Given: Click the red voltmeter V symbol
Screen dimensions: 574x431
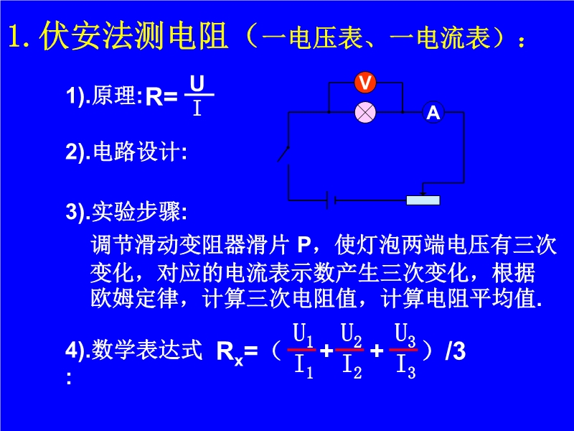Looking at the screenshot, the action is pyautogui.click(x=365, y=83).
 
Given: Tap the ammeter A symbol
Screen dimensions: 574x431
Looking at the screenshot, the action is pyautogui.click(x=433, y=112).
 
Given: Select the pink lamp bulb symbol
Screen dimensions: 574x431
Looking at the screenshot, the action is pyautogui.click(x=365, y=112).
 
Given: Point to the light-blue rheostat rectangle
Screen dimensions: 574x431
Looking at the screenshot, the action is pyautogui.click(x=423, y=200).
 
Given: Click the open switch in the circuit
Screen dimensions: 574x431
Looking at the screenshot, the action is pyautogui.click(x=283, y=154).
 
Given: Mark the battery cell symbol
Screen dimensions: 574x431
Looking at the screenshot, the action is pyautogui.click(x=331, y=200).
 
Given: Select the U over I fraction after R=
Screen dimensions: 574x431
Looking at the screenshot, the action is pyautogui.click(x=198, y=96).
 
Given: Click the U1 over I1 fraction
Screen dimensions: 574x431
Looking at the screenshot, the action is pyautogui.click(x=302, y=350).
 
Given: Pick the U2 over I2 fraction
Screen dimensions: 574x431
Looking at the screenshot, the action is pyautogui.click(x=350, y=350).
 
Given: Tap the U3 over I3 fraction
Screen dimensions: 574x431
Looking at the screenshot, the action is pyautogui.click(x=404, y=350).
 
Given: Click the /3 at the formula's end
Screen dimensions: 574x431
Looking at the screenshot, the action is pyautogui.click(x=456, y=351).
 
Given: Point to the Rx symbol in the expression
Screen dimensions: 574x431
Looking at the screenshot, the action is pyautogui.click(x=230, y=353).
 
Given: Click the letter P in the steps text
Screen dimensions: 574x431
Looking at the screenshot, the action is pyautogui.click(x=304, y=245).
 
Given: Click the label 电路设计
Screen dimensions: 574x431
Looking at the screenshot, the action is pyautogui.click(x=136, y=152).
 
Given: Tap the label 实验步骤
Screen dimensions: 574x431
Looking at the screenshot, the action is pyautogui.click(x=136, y=212).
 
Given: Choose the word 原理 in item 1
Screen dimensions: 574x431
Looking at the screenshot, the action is pyautogui.click(x=113, y=96).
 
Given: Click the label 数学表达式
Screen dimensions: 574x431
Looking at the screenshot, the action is pyautogui.click(x=146, y=350).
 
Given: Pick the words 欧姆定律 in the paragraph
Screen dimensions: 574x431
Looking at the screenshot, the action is pyautogui.click(x=134, y=299).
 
